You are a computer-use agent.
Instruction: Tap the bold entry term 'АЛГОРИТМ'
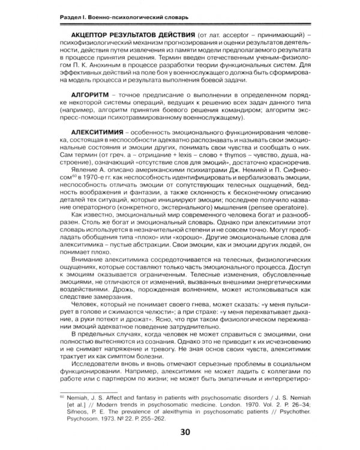click(x=93, y=95)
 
